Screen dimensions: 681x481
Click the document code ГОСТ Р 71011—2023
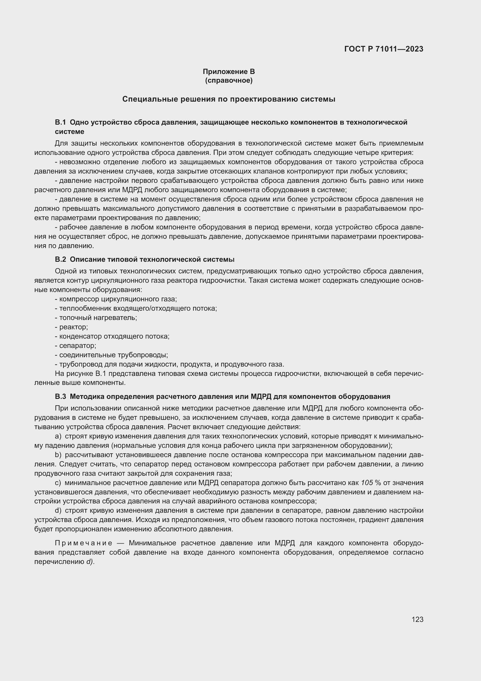[384, 49]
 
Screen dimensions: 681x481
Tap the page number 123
[417, 619]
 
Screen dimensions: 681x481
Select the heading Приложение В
[229, 72]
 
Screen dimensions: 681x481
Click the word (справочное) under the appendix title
[229, 80]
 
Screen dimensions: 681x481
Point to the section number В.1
[60, 122]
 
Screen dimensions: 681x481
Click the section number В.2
[60, 259]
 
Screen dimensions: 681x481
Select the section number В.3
[60, 397]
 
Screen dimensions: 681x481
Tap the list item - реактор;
[72, 327]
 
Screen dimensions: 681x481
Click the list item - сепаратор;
[76, 346]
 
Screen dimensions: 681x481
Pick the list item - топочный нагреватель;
[96, 318]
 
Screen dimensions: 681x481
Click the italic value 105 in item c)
[367, 483]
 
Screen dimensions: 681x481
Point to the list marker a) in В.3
[58, 436]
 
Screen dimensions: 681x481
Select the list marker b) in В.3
[58, 455]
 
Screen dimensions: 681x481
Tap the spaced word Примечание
[83, 543]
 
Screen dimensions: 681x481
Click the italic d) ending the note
[90, 562]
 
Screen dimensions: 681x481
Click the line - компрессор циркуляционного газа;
[116, 299]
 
